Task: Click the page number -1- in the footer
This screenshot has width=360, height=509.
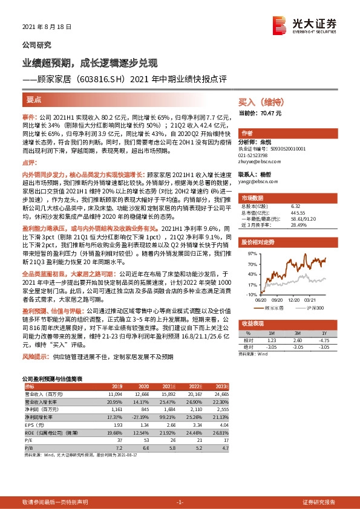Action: pyautogui.click(x=179, y=502)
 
